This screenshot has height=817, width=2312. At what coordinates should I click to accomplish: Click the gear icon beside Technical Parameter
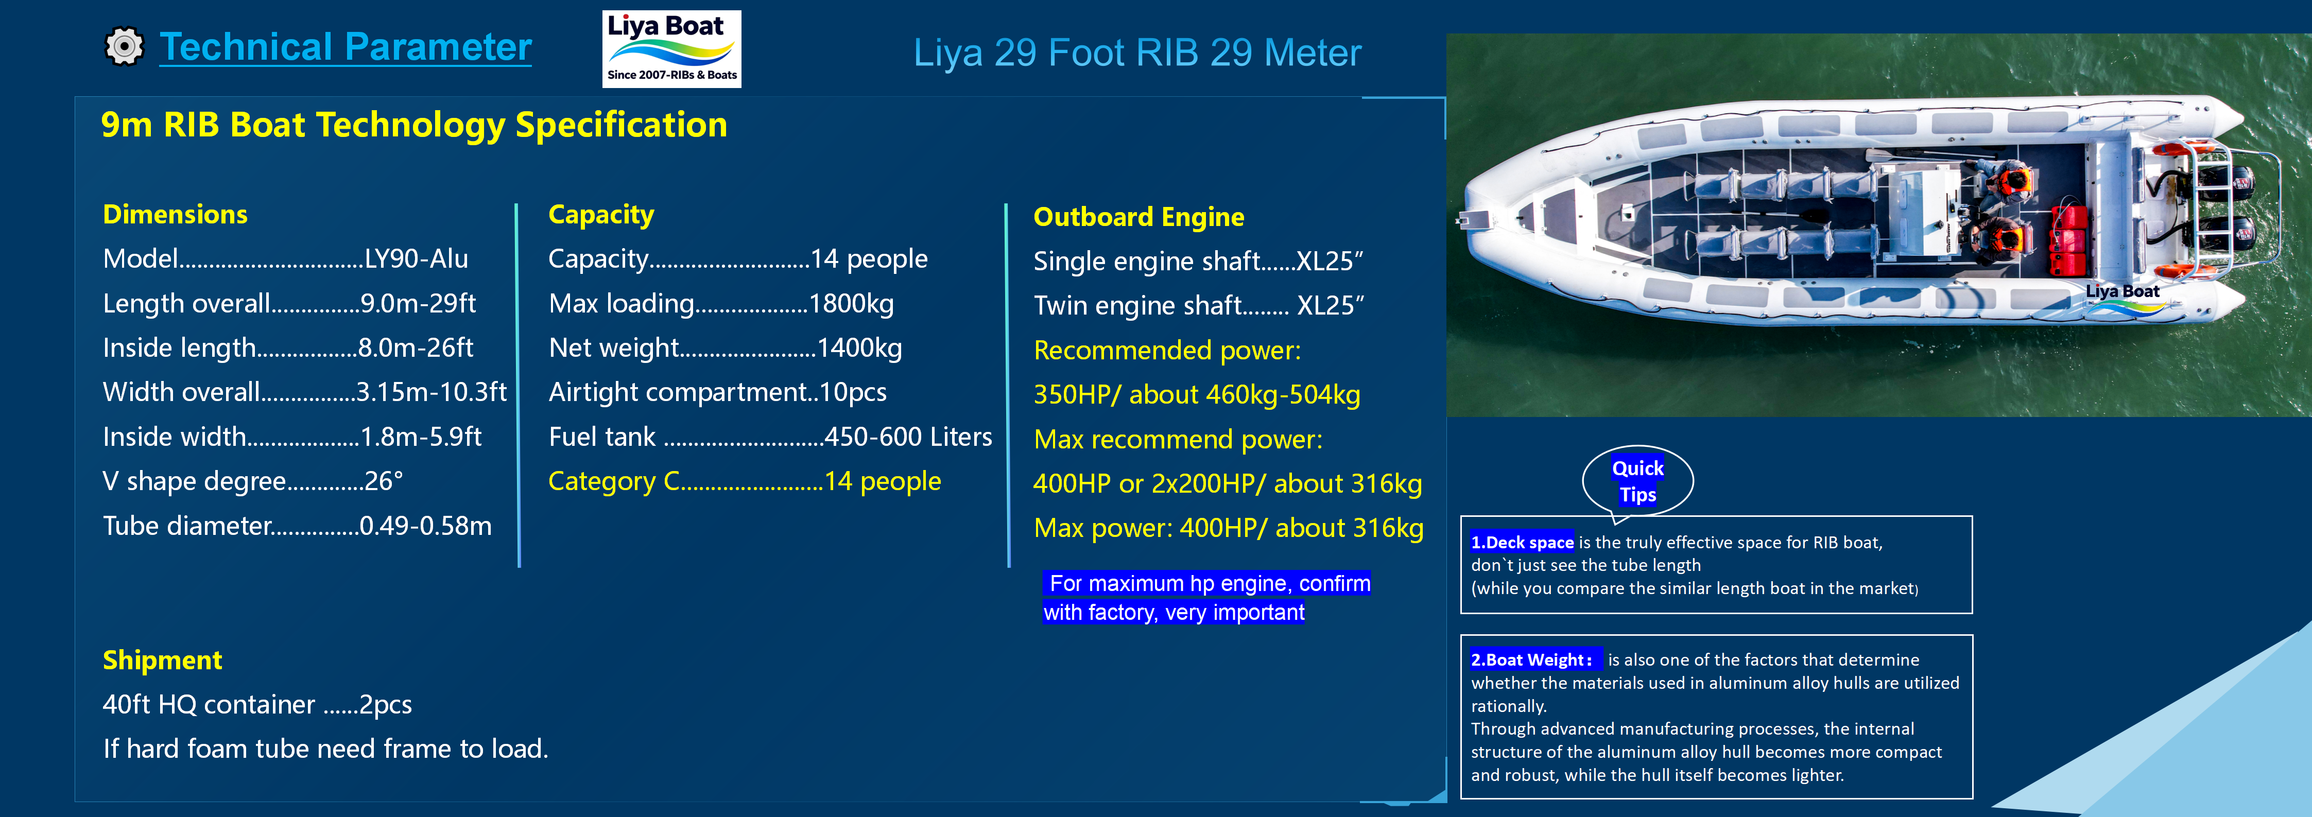coord(124,47)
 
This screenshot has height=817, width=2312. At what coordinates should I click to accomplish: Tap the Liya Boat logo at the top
coord(671,49)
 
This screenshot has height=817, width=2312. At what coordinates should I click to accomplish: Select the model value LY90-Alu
coord(417,259)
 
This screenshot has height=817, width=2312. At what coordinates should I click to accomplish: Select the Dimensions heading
coord(175,215)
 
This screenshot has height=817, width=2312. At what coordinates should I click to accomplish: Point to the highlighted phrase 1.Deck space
coord(1521,542)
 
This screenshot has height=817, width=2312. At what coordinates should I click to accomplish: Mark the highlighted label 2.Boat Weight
coord(1532,660)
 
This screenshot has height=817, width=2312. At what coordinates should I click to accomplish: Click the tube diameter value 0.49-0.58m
coord(425,526)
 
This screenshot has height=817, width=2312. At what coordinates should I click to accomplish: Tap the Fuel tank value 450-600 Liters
coord(907,437)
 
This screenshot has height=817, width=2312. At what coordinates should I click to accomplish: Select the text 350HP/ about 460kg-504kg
coord(1196,395)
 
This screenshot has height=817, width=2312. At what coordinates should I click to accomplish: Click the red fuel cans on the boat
coord(2069,238)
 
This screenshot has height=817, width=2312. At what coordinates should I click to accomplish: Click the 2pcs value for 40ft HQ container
coord(385,705)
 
